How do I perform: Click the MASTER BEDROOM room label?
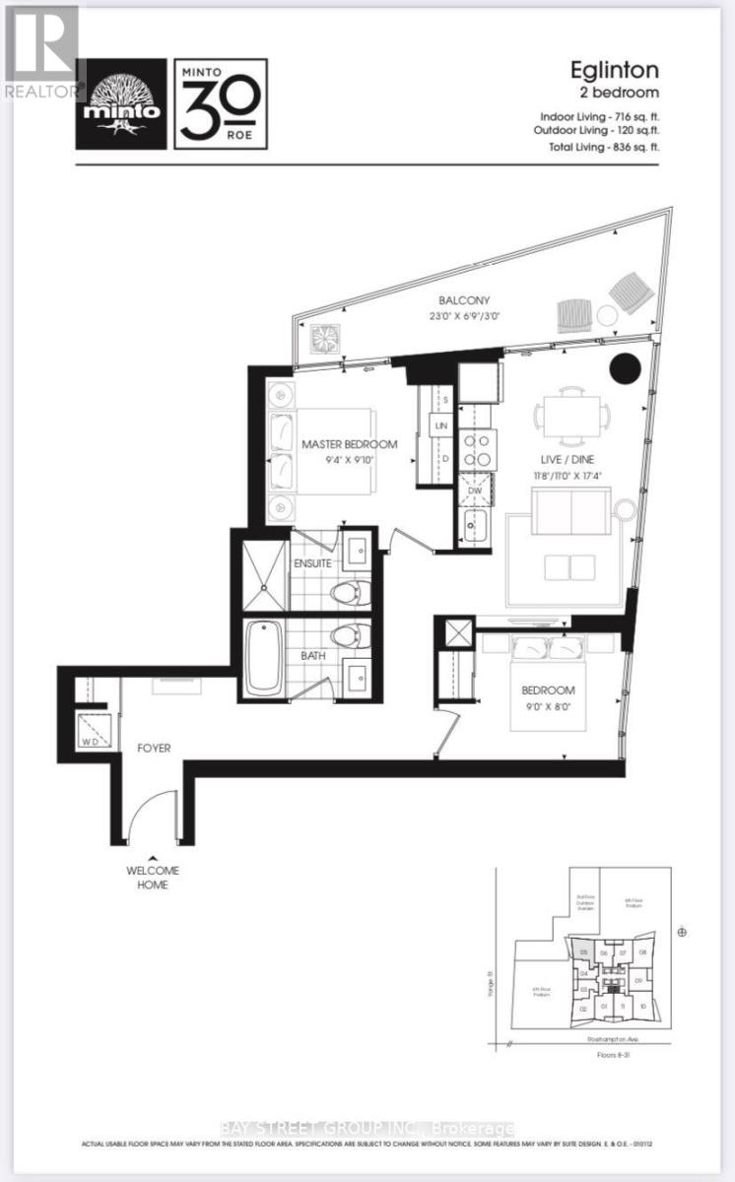349,444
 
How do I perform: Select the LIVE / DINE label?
570,460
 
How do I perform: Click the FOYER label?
153,749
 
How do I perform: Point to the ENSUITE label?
312,563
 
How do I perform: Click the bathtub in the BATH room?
264,655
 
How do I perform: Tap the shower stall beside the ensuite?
262,570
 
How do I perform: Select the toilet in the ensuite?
347,594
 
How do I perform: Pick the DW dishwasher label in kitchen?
475,490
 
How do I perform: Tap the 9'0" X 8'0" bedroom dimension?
549,706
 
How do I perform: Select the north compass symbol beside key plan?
682,932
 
